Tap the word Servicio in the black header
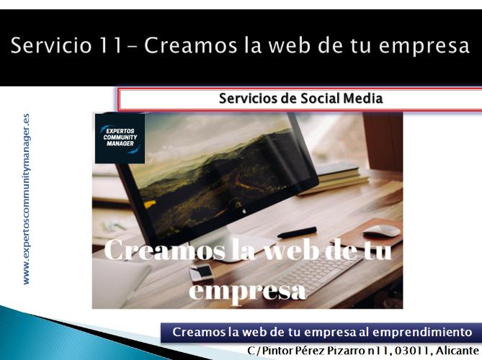[51, 45]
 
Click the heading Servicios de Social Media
[300, 99]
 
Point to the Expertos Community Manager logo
[120, 138]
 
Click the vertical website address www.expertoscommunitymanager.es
[27, 199]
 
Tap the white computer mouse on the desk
[381, 230]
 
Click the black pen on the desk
[297, 233]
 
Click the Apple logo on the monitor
[244, 211]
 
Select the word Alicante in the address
[457, 351]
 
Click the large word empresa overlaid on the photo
[247, 290]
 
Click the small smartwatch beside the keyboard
[201, 272]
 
